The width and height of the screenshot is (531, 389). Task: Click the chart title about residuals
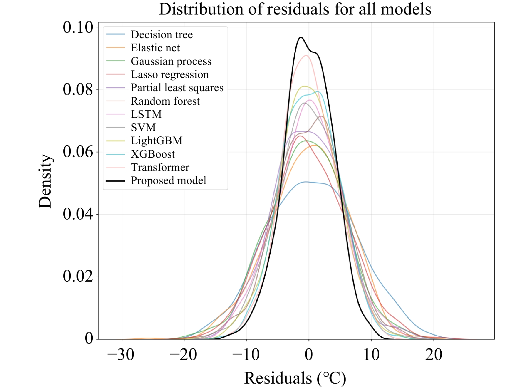[x=295, y=9]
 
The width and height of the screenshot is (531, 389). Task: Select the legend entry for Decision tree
[x=161, y=35]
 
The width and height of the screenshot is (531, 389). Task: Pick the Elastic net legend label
[x=155, y=48]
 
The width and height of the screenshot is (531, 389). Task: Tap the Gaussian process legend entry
[x=171, y=61]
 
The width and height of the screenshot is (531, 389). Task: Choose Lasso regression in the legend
[x=170, y=75]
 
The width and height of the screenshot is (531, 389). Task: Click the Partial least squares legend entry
[x=177, y=88]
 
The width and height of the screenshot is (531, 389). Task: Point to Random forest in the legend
[x=165, y=101]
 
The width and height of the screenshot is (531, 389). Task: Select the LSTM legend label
[x=146, y=114]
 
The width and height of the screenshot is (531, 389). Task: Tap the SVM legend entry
[x=143, y=128]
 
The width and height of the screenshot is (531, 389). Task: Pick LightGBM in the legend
[x=156, y=141]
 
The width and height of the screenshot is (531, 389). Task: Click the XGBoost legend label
[x=153, y=154]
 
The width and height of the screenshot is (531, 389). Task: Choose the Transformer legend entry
[x=160, y=167]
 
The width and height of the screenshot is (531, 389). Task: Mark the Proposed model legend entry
[x=168, y=181]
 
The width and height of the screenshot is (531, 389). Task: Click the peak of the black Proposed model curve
[x=301, y=37]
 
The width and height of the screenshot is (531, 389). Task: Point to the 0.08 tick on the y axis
[x=78, y=90]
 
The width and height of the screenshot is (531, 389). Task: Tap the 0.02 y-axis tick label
[x=78, y=277]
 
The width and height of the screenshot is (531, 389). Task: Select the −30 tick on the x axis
[x=121, y=355]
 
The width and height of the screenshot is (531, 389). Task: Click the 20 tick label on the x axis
[x=434, y=355]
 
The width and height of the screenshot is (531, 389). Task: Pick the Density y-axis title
[x=45, y=181]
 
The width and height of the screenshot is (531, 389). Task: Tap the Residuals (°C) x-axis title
[x=295, y=378]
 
